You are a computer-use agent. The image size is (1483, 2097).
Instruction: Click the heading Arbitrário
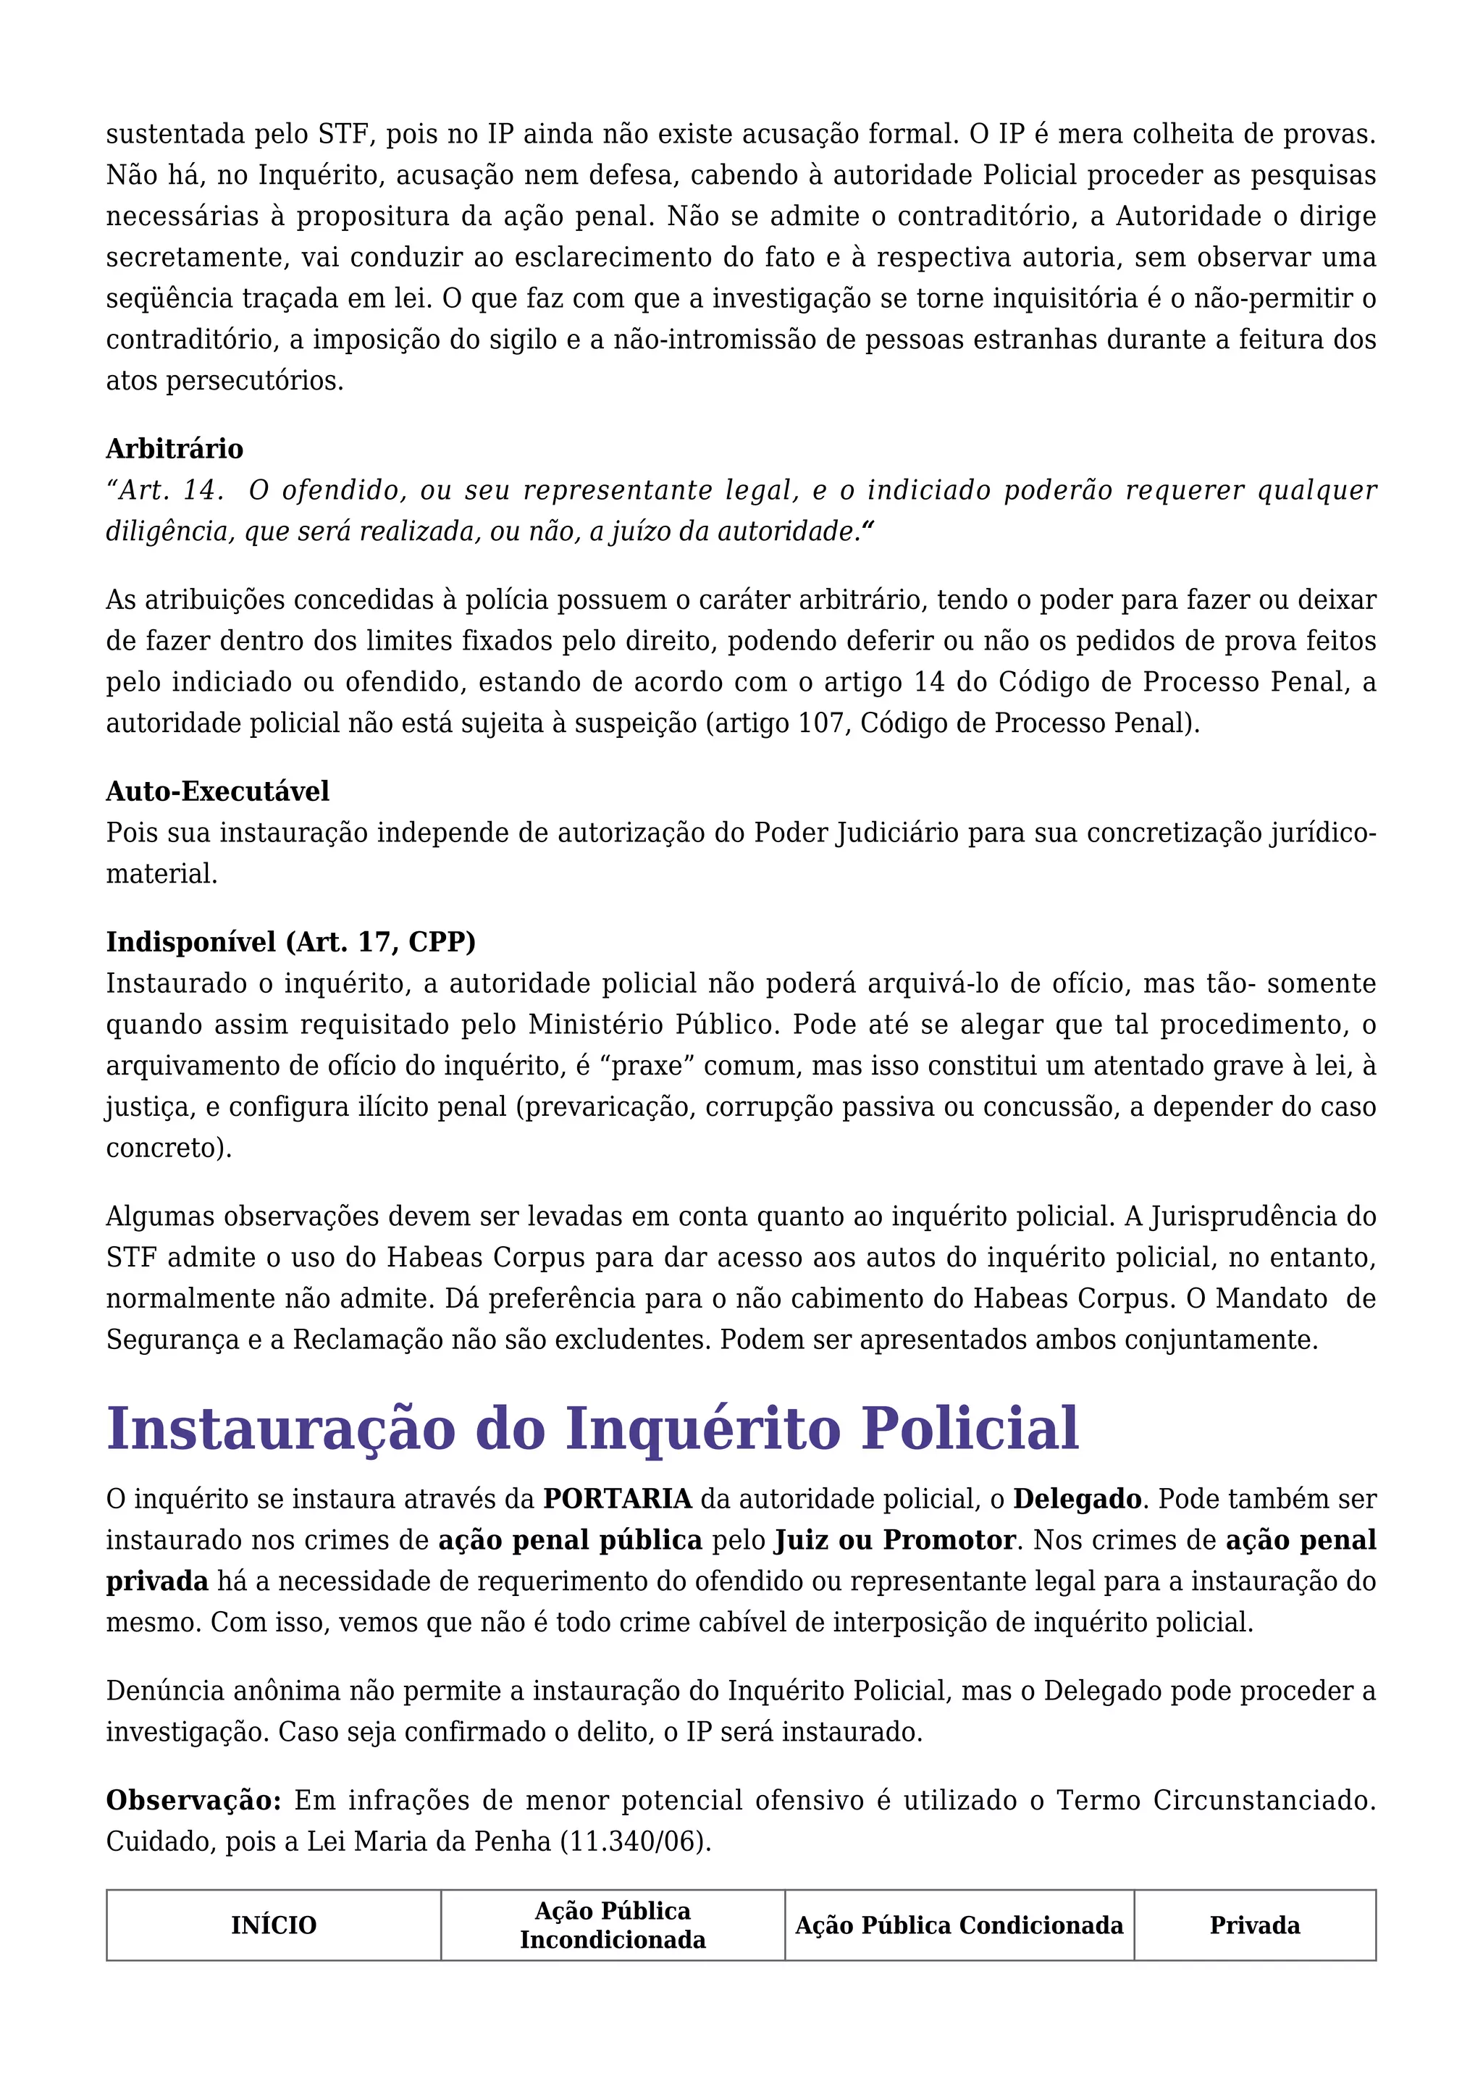coord(175,448)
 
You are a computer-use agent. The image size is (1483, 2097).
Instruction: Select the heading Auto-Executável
coord(217,791)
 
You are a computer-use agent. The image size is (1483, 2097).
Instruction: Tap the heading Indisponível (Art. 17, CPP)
coord(290,941)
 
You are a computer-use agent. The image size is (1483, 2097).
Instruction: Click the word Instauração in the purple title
coord(280,1429)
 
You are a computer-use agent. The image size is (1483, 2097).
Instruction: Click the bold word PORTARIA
coord(617,1499)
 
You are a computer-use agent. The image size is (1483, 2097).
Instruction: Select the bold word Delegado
coord(1077,1499)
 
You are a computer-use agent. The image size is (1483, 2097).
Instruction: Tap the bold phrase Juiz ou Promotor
coord(895,1540)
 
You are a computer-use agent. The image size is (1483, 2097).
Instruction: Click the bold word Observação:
coord(193,1800)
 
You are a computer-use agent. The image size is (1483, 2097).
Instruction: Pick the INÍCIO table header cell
coord(273,1925)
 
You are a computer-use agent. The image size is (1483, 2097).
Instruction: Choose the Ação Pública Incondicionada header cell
coord(613,1925)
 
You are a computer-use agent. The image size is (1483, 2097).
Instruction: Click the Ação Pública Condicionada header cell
coord(959,1925)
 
